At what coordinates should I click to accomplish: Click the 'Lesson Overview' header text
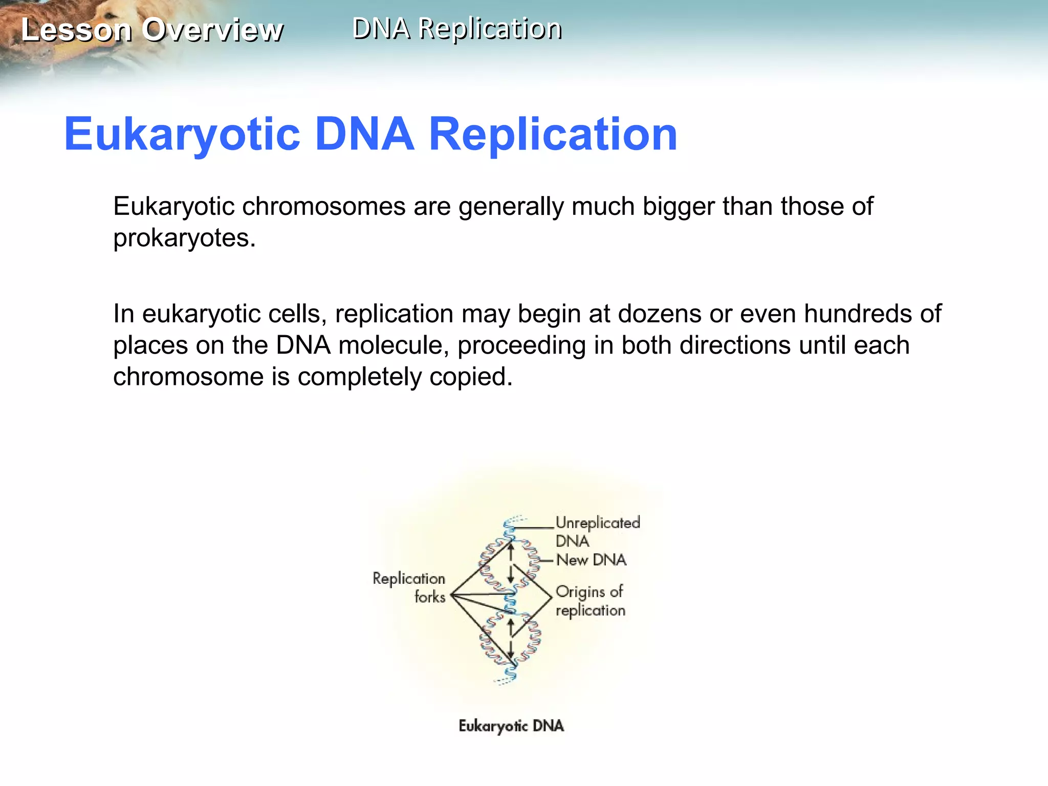tap(151, 30)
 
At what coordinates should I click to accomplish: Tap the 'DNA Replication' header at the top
tap(457, 29)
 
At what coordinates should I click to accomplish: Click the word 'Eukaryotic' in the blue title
tap(182, 134)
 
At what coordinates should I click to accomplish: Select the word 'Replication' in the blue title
tap(553, 134)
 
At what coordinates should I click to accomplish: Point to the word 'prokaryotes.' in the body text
tap(184, 238)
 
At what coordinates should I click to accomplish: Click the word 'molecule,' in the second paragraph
tap(394, 345)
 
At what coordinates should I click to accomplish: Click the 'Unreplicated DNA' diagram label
tap(597, 532)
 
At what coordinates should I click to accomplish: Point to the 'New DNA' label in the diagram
tap(591, 560)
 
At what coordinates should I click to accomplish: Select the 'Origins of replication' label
tap(589, 601)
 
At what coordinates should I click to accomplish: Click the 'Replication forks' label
tap(409, 587)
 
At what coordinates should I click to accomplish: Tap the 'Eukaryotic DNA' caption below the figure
tap(511, 726)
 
